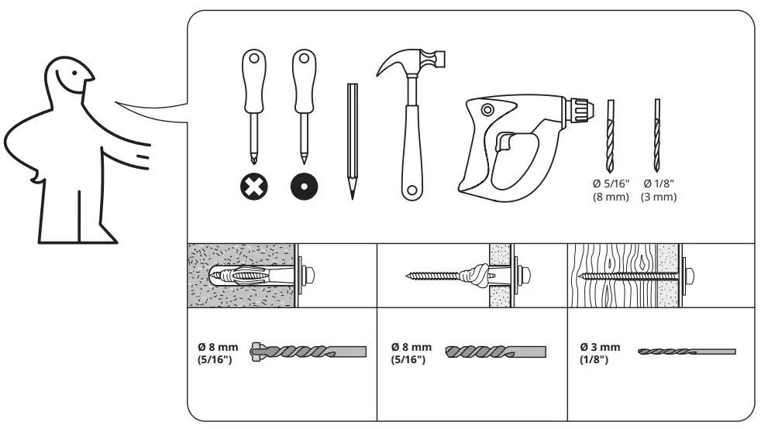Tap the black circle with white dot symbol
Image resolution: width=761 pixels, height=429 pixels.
pos(305,186)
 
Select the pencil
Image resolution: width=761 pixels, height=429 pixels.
pos(353,139)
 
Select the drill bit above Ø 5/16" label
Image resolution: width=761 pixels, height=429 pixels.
pos(608,136)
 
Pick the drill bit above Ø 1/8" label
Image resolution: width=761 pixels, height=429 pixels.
pos(658,135)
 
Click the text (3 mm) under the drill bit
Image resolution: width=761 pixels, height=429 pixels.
pos(659,197)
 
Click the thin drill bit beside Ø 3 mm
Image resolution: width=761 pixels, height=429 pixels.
pos(686,352)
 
